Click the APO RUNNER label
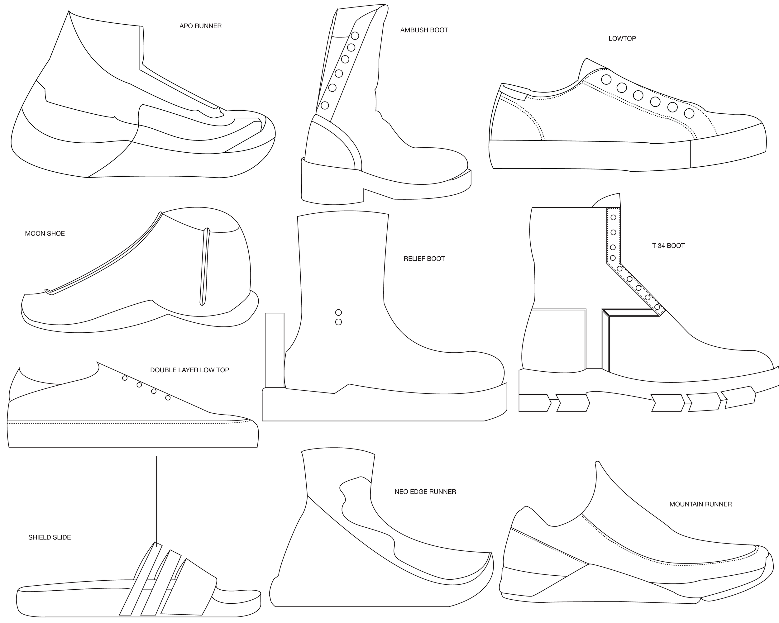pyautogui.click(x=201, y=26)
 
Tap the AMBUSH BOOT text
pyautogui.click(x=424, y=30)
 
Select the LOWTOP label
pyautogui.click(x=622, y=39)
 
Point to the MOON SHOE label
pyautogui.click(x=45, y=234)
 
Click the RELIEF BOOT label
pyautogui.click(x=424, y=259)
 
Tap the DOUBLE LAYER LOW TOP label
pyautogui.click(x=189, y=370)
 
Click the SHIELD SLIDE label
pyautogui.click(x=50, y=537)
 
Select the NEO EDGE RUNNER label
pyautogui.click(x=425, y=492)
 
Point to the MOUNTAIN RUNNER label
pyautogui.click(x=700, y=504)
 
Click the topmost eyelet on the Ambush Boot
pyautogui.click(x=355, y=36)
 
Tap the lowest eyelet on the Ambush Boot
pyautogui.click(x=325, y=106)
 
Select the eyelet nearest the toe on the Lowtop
pyautogui.click(x=689, y=113)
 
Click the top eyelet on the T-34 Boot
pyautogui.click(x=613, y=217)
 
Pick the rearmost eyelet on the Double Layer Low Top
pyautogui.click(x=125, y=378)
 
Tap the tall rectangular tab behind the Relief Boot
pyautogui.click(x=275, y=350)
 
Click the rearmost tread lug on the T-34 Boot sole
pyautogui.click(x=534, y=403)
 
